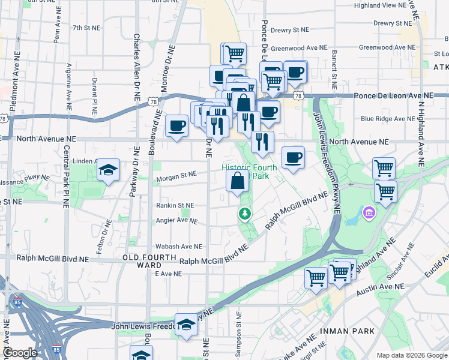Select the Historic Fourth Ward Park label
(249, 172)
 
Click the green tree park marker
(245, 214)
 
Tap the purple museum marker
(368, 213)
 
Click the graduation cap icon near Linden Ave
(108, 170)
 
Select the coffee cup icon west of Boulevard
(176, 126)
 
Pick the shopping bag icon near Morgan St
(238, 181)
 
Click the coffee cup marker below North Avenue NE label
(292, 158)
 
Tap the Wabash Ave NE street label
(178, 247)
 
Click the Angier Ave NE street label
(176, 221)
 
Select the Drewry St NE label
(289, 29)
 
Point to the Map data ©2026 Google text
(411, 355)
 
